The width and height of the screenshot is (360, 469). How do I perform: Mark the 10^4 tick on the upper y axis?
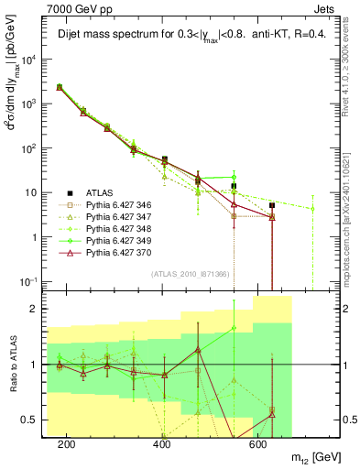(x=34, y=60)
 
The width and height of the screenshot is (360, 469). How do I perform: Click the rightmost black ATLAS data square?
(x=272, y=205)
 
